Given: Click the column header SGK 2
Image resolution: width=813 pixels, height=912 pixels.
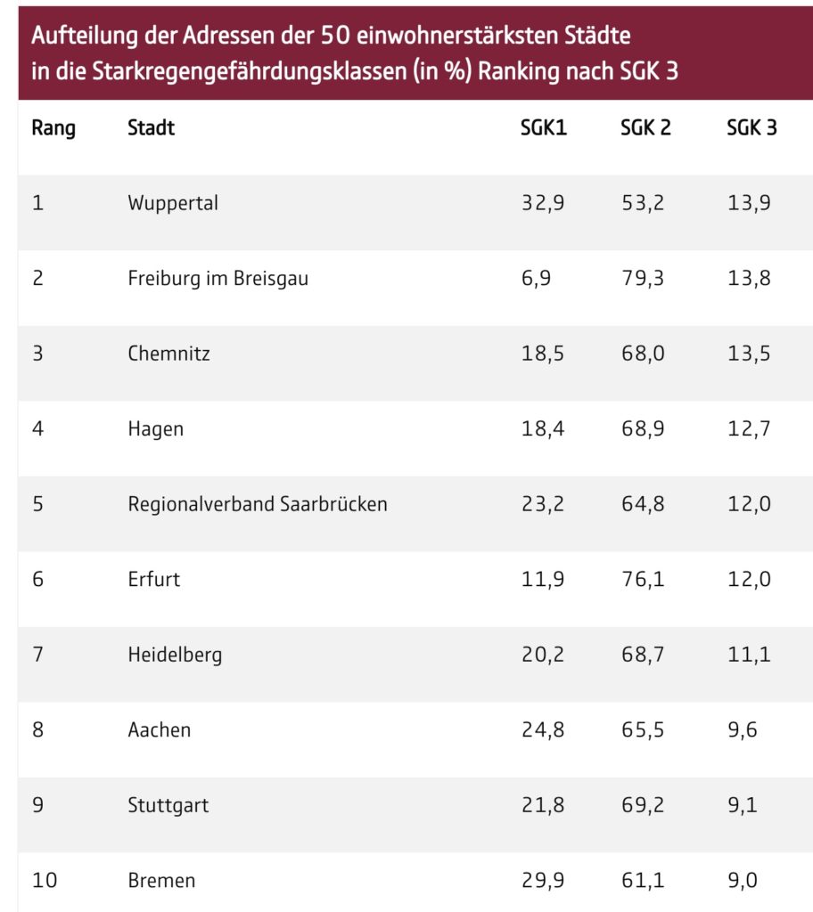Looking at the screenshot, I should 645,127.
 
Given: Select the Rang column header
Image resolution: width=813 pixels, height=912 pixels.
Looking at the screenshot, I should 53,127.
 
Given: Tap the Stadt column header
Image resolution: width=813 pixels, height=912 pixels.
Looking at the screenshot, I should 151,127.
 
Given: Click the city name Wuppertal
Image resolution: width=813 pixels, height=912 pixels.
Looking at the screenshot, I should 173,203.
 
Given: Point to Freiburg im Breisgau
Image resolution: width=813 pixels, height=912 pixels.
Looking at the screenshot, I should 218,278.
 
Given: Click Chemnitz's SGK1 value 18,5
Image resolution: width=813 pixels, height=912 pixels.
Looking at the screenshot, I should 543,354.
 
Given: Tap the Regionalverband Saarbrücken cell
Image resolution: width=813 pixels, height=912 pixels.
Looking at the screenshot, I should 258,504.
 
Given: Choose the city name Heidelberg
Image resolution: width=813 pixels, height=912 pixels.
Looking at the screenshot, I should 175,655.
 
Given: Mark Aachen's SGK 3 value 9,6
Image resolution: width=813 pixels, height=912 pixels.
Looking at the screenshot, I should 744,730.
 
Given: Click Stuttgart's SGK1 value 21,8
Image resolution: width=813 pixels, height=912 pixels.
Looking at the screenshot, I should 543,805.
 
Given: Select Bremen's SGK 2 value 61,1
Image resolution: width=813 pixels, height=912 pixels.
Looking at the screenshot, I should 642,881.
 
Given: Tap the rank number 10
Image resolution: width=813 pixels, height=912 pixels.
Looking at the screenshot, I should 45,881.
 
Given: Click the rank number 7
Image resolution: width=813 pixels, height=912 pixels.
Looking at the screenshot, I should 37,655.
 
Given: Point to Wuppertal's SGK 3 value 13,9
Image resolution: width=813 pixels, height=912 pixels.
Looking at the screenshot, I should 749,203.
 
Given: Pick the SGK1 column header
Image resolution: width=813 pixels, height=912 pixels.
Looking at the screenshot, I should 544,127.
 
